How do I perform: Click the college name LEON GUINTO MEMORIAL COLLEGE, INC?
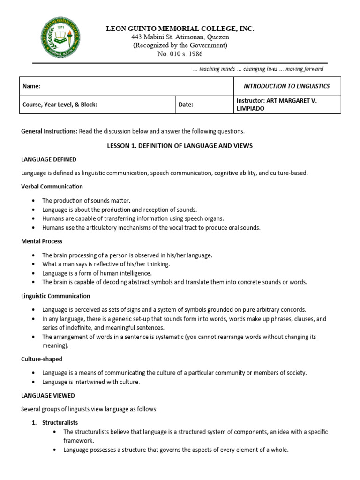pyautogui.click(x=180, y=29)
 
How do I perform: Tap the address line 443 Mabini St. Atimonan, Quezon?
pyautogui.click(x=180, y=37)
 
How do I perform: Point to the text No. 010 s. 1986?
pyautogui.click(x=180, y=54)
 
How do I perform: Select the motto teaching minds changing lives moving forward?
pyautogui.click(x=258, y=69)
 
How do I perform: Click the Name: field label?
pyautogui.click(x=31, y=86)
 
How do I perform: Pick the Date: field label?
pyautogui.click(x=186, y=105)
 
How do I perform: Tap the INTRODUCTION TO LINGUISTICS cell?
pyautogui.click(x=287, y=86)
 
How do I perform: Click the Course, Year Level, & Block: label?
pyautogui.click(x=60, y=105)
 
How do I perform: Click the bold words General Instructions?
pyautogui.click(x=49, y=131)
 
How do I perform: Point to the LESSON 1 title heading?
pyautogui.click(x=180, y=146)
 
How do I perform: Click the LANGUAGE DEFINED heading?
pyautogui.click(x=49, y=159)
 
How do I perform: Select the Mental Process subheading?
pyautogui.click(x=42, y=241)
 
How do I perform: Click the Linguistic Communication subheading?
pyautogui.click(x=56, y=296)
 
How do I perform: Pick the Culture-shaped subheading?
pyautogui.click(x=42, y=359)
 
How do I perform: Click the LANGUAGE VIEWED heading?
pyautogui.click(x=48, y=396)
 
